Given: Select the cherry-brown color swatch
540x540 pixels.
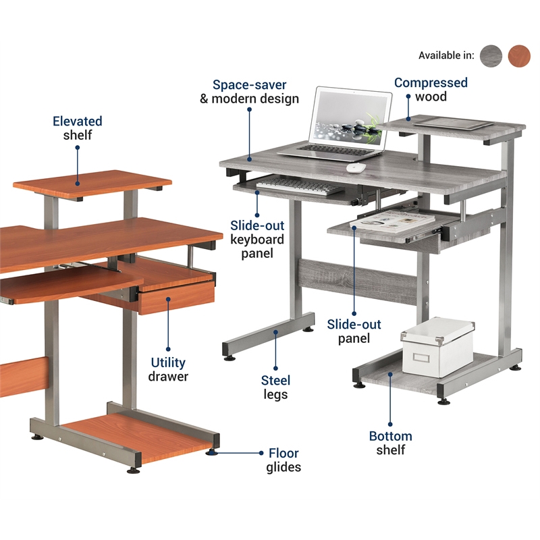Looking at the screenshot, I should click(519, 55).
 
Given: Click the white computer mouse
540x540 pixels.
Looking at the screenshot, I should click(355, 167).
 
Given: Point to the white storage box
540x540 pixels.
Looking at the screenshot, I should click(437, 345).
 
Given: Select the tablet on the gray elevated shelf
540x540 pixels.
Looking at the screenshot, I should click(454, 123).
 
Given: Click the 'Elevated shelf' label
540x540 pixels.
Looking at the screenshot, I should click(78, 128).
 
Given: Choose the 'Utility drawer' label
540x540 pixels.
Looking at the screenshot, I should click(168, 369).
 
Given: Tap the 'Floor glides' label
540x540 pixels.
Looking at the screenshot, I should click(283, 460).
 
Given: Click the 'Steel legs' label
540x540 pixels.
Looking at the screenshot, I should click(275, 387).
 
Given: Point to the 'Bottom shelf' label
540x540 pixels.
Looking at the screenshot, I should click(390, 443).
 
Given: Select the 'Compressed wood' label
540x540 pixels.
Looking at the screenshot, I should click(431, 89).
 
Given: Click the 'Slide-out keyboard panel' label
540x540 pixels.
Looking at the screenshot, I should click(257, 239).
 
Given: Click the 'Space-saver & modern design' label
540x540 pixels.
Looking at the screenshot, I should click(249, 92).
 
